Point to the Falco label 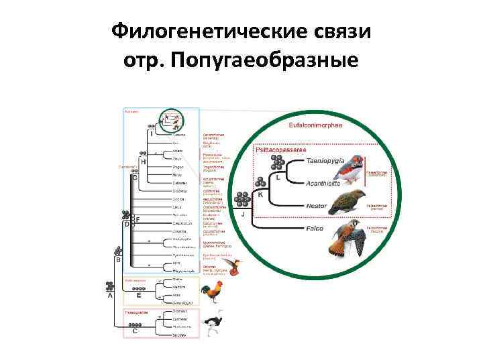click(x=314, y=229)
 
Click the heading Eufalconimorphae click(x=315, y=125)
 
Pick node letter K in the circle click(x=260, y=194)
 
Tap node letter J click(x=243, y=214)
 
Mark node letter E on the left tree click(x=138, y=294)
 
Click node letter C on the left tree click(x=135, y=330)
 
